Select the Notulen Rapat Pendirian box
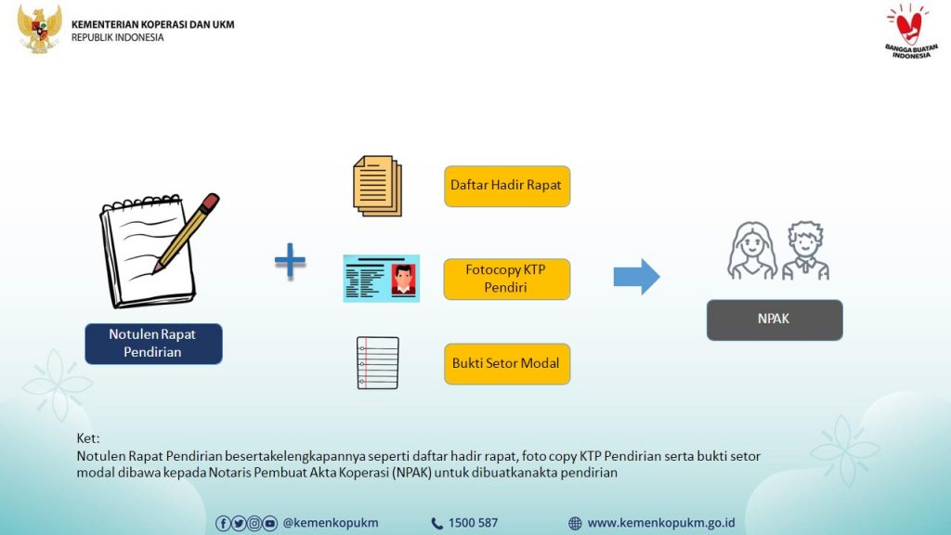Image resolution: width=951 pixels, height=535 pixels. [153, 344]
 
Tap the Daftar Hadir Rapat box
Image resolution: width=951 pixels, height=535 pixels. [506, 186]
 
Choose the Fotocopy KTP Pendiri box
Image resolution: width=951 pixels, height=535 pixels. [506, 279]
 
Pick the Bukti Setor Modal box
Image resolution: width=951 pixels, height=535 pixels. [506, 363]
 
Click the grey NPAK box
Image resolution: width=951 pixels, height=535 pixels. [775, 320]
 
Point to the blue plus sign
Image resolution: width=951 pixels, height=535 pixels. [290, 261]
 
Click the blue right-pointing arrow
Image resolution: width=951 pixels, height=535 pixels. [636, 277]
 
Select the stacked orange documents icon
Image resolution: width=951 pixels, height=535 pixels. [377, 186]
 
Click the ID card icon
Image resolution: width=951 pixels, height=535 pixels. [381, 279]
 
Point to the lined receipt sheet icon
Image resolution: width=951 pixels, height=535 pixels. [377, 362]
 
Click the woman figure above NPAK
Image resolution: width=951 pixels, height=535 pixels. [751, 251]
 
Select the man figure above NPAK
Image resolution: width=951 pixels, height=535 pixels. [804, 251]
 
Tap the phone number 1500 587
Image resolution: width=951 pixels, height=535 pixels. [472, 523]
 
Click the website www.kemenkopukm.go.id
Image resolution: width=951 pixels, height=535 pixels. [660, 523]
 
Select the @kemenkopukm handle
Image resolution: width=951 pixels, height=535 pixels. [330, 523]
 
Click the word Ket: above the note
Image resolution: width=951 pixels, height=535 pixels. [88, 438]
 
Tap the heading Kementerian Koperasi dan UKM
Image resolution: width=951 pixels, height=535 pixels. [152, 24]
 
